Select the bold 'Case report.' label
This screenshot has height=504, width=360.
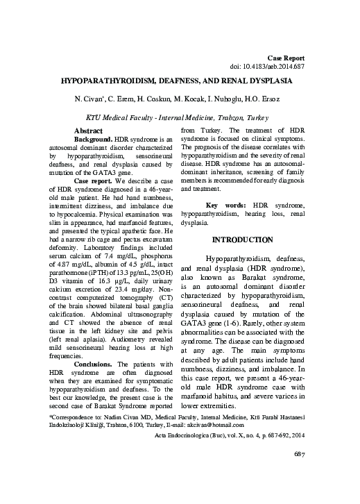click(x=96, y=180)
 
